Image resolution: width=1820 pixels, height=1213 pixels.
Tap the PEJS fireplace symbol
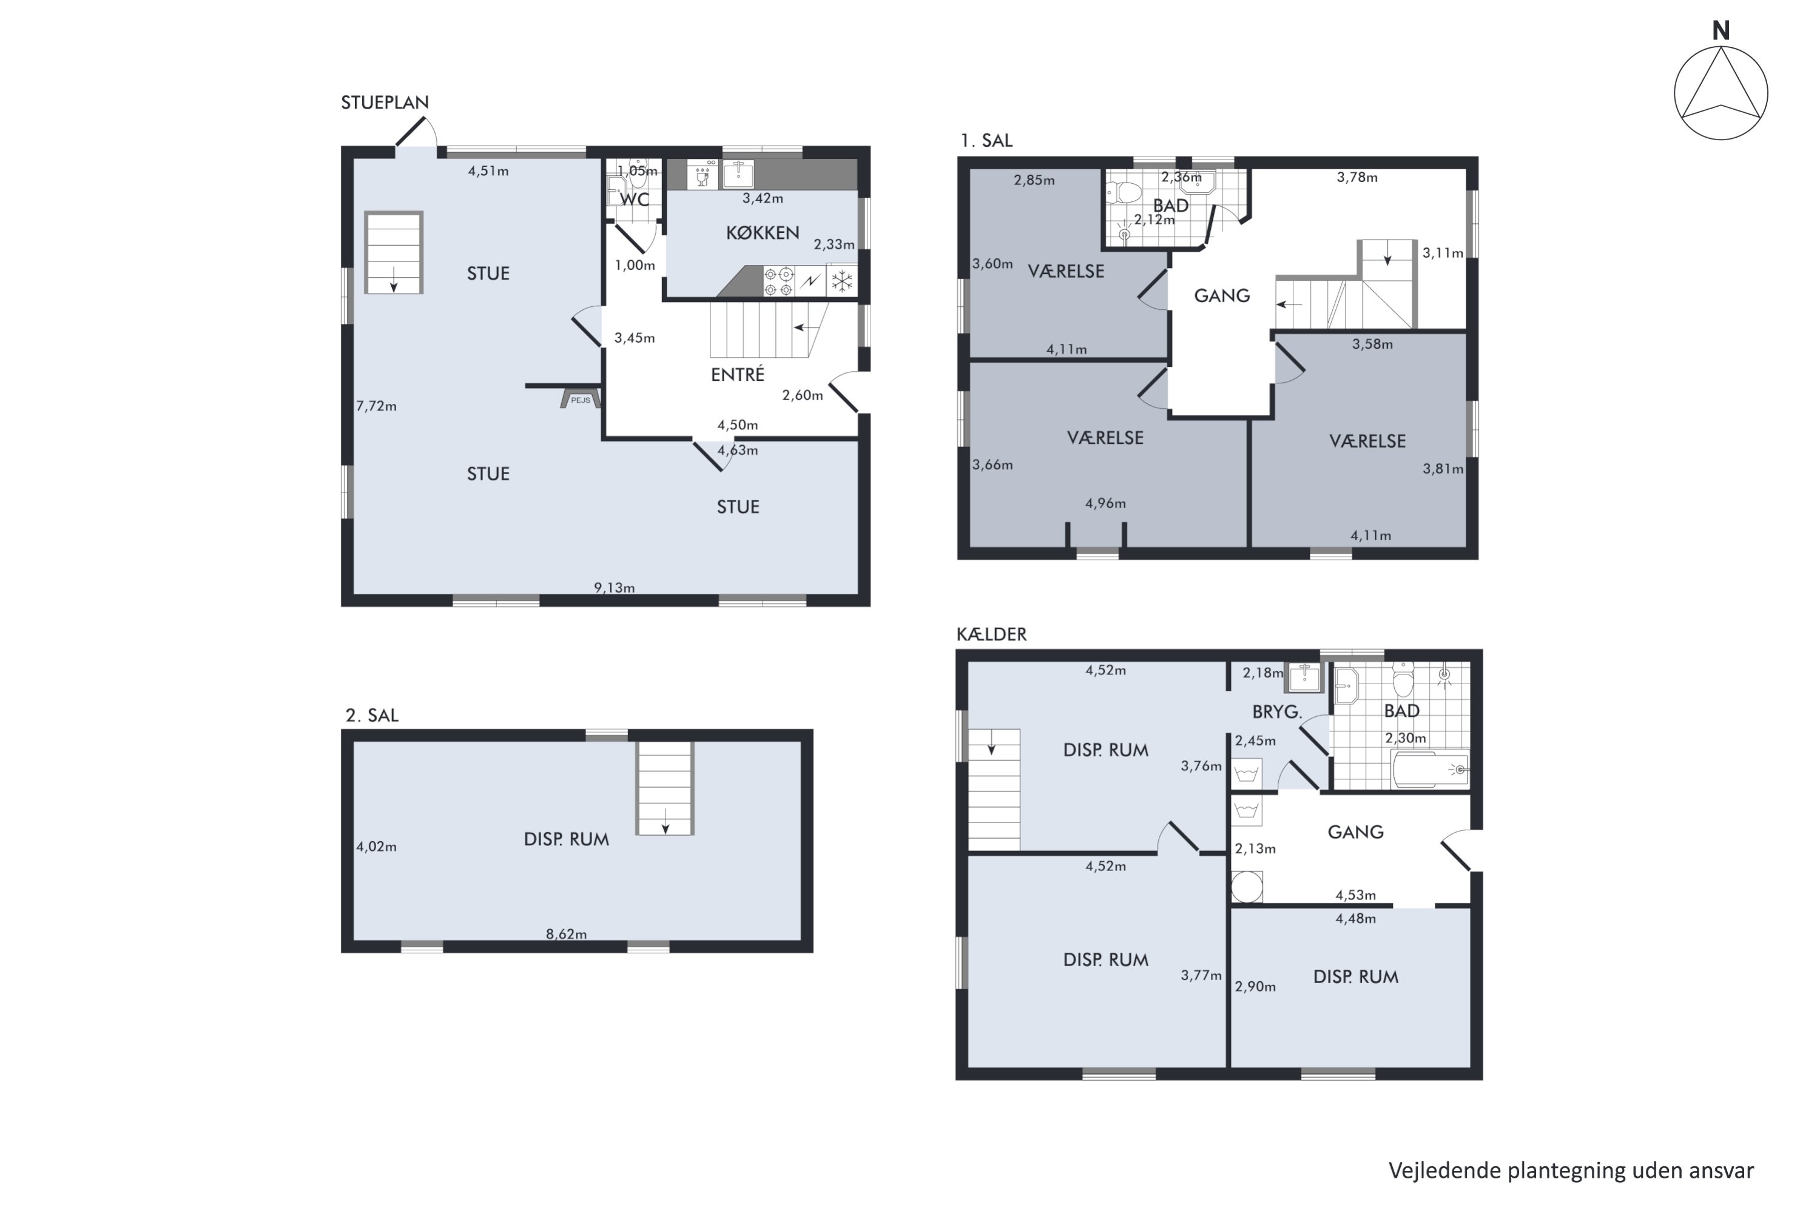(x=581, y=399)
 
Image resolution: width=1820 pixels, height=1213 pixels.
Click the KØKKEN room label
(x=762, y=233)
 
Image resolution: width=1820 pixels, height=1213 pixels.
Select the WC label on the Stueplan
(x=635, y=200)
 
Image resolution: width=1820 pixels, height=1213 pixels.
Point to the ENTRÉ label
(x=738, y=374)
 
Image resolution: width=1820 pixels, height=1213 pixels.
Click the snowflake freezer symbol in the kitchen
(x=842, y=281)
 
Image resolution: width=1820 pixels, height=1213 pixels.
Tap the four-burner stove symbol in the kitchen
(x=778, y=281)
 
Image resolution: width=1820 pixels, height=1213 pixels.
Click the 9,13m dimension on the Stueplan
(x=615, y=588)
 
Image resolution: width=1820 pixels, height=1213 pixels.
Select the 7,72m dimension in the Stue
(x=376, y=406)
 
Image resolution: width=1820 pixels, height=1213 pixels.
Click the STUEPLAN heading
(x=385, y=102)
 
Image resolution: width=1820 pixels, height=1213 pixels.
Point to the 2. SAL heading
(x=371, y=716)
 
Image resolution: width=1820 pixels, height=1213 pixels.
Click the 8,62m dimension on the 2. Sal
(x=567, y=935)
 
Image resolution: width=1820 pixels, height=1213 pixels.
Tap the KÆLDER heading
(x=991, y=634)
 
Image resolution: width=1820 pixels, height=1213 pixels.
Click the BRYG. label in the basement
(x=1278, y=711)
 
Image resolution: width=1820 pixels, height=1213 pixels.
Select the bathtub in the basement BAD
(x=1430, y=770)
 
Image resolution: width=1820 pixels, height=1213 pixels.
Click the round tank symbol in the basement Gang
(x=1247, y=887)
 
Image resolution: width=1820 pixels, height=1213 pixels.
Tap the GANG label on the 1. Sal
(x=1222, y=295)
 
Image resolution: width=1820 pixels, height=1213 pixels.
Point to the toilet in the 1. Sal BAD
(x=1124, y=193)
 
